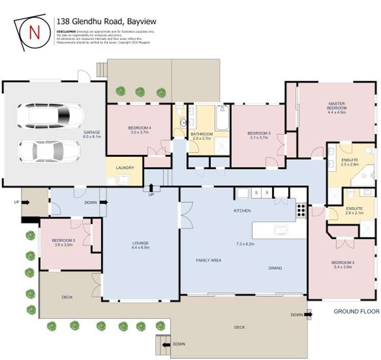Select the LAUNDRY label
pyautogui.click(x=125, y=168)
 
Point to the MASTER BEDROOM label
pyautogui.click(x=337, y=106)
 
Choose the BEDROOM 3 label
pyautogui.click(x=260, y=133)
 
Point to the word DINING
pyautogui.click(x=275, y=268)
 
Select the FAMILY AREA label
pyautogui.click(x=209, y=260)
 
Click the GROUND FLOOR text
pyautogui.click(x=356, y=311)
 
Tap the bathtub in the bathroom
pyautogui.click(x=222, y=119)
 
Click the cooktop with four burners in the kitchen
pyautogui.click(x=301, y=211)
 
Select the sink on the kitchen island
pyautogui.click(x=281, y=230)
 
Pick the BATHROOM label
pyautogui.click(x=201, y=134)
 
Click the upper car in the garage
pyautogui.click(x=50, y=116)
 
